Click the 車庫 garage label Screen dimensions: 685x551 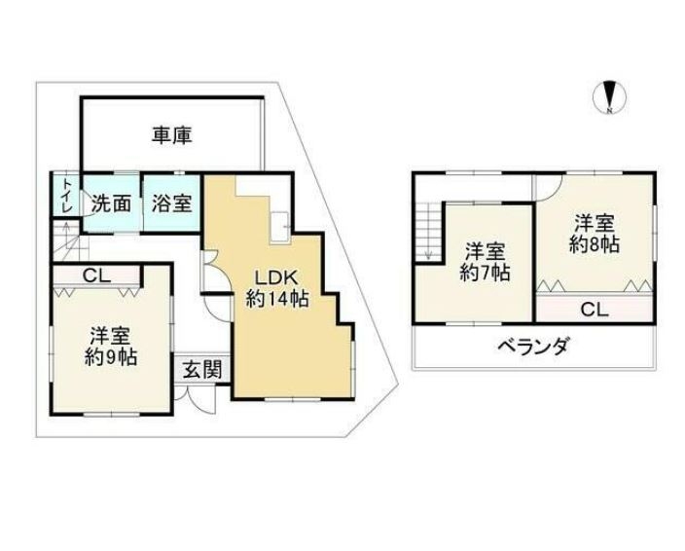tap(171, 135)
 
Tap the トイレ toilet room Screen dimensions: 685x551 tap(66, 195)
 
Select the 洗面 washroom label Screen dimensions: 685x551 tap(111, 203)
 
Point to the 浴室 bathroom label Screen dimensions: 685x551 tap(171, 203)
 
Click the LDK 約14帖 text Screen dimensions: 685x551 tap(277, 288)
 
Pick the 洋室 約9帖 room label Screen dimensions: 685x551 tap(111, 346)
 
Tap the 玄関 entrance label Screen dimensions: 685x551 tap(201, 370)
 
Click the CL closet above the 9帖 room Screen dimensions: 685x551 tap(96, 275)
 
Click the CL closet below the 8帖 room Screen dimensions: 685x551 tap(595, 310)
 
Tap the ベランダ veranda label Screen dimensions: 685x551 tap(534, 347)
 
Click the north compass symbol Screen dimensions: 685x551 tap(609, 98)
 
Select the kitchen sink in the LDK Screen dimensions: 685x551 tap(279, 227)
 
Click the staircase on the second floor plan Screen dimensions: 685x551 tap(428, 235)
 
